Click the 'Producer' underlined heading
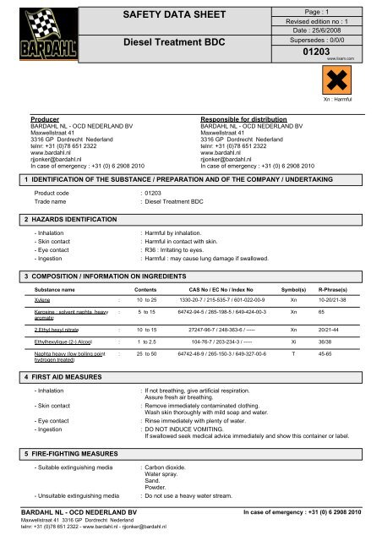[x=33, y=121]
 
